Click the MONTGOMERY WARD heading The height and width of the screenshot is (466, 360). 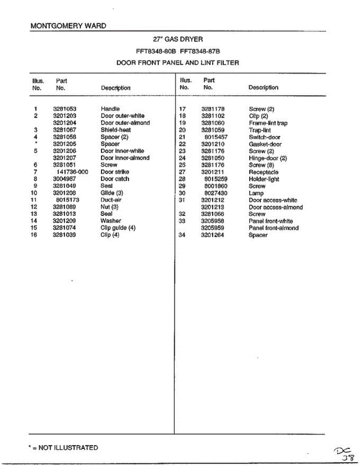(68, 26)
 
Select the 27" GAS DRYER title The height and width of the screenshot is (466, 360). (178, 39)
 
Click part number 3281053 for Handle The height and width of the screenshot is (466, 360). (64, 109)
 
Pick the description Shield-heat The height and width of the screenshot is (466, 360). (116, 130)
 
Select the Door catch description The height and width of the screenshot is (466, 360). (115, 179)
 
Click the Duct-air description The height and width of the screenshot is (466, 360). (111, 200)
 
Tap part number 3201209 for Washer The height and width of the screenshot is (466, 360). (64, 221)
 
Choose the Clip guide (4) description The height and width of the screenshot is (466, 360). (118, 228)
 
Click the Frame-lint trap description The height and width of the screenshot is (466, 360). (268, 123)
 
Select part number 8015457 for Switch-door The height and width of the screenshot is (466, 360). (216, 137)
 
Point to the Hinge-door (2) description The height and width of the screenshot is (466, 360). (268, 158)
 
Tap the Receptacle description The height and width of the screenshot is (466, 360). (264, 172)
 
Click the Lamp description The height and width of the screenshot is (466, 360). (256, 193)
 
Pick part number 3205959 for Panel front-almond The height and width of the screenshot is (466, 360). (212, 228)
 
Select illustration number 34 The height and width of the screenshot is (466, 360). (182, 235)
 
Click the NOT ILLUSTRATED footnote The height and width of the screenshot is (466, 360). (63, 448)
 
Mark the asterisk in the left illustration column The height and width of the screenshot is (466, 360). (35, 143)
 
